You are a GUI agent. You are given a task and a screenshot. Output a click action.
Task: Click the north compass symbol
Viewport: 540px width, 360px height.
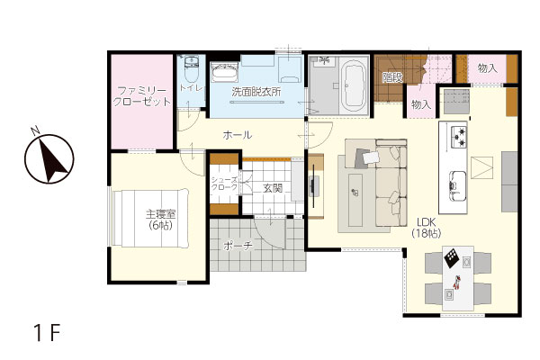coord(49,157)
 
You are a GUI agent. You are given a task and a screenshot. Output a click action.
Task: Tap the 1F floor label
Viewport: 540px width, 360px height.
coord(47,332)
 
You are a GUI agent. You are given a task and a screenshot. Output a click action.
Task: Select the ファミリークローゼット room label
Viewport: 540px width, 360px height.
coord(142,96)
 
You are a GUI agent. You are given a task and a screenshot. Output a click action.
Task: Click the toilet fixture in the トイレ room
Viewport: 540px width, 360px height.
coord(191,68)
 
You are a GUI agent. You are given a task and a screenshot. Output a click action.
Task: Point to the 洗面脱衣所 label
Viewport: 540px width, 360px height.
coord(256,92)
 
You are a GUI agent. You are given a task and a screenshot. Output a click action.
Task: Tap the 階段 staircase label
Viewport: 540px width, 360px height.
coord(392,77)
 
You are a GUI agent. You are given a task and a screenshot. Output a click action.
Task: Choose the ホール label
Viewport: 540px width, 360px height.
coord(238,135)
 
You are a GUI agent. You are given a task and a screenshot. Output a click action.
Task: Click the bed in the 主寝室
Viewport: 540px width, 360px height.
coord(151,218)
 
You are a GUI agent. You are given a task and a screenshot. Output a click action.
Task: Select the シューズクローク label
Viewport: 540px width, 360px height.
coord(224,184)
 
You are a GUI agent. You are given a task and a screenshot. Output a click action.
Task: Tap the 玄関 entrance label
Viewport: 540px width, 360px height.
coord(273,188)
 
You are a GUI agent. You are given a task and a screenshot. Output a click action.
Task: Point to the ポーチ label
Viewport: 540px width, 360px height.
coord(238,246)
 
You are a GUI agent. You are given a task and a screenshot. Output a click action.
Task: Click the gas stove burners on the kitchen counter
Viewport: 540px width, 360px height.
coord(459,135)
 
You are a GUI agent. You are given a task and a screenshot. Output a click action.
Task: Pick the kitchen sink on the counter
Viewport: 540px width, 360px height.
coord(457,186)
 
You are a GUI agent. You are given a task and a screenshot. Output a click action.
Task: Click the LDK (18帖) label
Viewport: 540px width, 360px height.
coord(427,228)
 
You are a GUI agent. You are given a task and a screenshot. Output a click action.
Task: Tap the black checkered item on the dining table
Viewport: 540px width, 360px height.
coord(451,257)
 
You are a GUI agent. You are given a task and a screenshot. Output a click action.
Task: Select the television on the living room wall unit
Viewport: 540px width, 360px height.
coord(314,186)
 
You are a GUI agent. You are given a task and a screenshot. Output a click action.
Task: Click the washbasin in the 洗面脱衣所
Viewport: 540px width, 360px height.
coord(224,72)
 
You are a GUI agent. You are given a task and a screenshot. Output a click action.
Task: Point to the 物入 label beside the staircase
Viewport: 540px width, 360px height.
coord(421,104)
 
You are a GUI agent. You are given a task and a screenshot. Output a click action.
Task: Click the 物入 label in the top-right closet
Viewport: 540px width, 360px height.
coord(487,68)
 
